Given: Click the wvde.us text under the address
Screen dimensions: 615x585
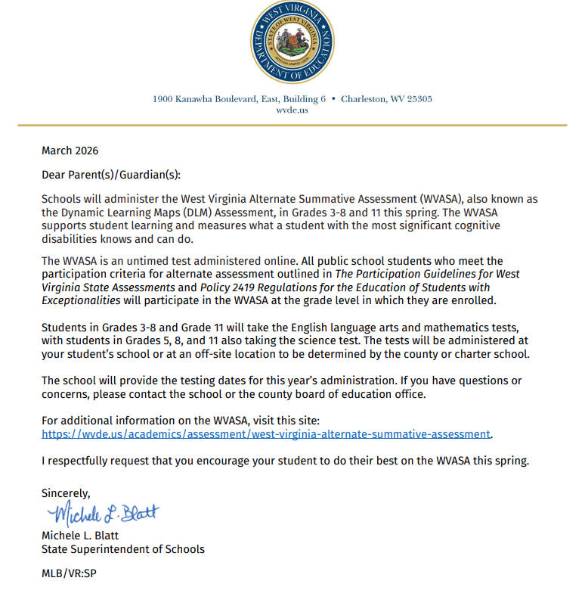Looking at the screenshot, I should [x=292, y=110].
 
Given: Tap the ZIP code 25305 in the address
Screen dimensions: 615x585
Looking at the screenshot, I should [x=416, y=99].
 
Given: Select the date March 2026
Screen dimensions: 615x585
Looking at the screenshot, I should [x=70, y=151].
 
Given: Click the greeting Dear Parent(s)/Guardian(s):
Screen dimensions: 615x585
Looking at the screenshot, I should [x=111, y=175].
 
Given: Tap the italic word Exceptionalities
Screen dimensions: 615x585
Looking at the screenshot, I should [x=81, y=300].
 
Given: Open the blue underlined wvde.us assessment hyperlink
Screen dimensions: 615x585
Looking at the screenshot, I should [x=266, y=434].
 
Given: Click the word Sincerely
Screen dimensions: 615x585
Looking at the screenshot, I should [x=66, y=493].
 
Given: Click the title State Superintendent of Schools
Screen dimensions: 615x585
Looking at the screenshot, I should [x=122, y=549].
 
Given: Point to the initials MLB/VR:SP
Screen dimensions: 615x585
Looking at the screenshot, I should [x=69, y=573].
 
